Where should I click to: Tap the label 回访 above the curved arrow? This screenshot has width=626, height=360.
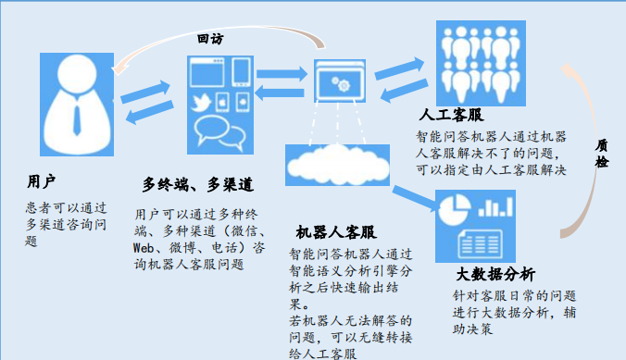(211, 40)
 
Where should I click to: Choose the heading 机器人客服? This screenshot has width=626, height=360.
(337, 231)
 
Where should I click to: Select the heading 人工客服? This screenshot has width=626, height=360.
(451, 117)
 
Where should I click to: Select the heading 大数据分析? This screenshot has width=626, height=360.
(495, 275)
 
